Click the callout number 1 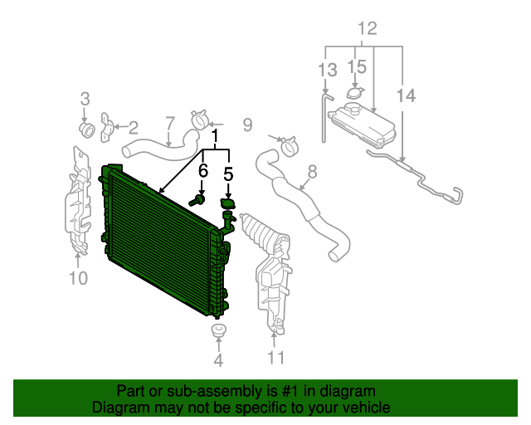(x=217, y=135)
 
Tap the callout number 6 (x=202, y=170)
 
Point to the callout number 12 (x=367, y=29)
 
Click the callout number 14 (x=406, y=97)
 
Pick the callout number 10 (x=77, y=278)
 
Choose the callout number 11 (x=275, y=358)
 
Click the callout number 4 (x=218, y=360)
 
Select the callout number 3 (x=85, y=100)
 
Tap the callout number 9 (x=246, y=125)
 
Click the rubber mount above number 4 (x=218, y=334)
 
